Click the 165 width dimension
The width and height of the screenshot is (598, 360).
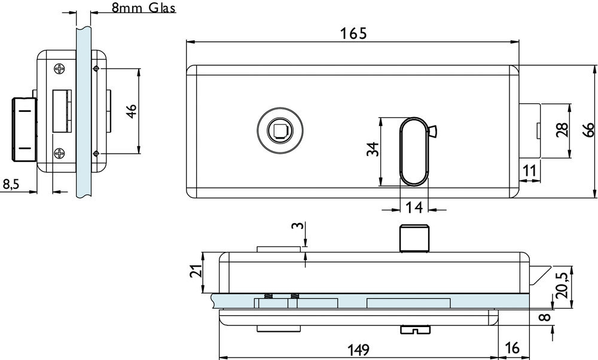353,33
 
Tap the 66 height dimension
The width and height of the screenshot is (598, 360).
588,130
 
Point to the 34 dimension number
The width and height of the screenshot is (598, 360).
373,149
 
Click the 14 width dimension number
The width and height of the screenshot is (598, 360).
414,208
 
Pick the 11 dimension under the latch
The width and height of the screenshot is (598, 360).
529,170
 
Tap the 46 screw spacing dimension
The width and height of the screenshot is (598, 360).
131,111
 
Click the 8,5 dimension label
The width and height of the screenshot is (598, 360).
11,185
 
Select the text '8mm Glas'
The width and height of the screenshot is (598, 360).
144,8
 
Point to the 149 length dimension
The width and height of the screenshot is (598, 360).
358,349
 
